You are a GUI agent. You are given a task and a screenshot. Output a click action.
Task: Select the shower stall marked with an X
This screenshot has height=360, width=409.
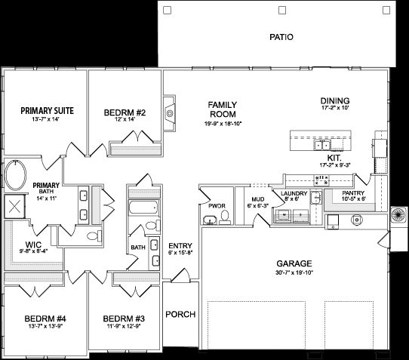coord(13,206)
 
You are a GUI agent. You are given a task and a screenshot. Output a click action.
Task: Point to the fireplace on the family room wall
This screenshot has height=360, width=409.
coord(170,113)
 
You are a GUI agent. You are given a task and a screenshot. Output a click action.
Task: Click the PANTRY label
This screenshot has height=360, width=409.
coord(353,193)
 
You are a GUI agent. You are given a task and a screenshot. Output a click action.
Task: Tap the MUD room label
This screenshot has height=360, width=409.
coord(257,199)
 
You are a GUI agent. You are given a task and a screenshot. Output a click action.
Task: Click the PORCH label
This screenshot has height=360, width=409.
coord(180,314)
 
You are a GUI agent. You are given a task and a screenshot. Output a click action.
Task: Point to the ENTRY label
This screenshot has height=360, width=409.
coord(180,245)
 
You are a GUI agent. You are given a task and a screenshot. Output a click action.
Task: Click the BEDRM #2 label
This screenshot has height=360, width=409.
coord(125,113)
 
